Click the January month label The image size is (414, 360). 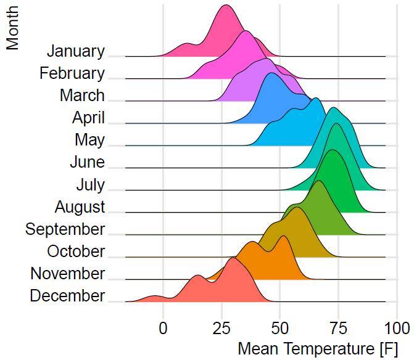click(76, 51)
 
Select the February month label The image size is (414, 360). click(72, 73)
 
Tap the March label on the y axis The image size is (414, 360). click(82, 96)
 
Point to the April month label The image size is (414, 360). click(88, 118)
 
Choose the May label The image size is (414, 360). click(89, 140)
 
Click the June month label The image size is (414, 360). click(87, 163)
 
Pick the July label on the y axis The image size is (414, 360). click(90, 185)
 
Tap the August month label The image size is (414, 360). click(80, 207)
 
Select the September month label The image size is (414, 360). click(65, 229)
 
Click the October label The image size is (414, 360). click(76, 252)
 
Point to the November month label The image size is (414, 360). click(68, 274)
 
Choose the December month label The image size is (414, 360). click(67, 296)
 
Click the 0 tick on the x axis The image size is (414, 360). click(163, 327)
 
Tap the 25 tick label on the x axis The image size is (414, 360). click(221, 327)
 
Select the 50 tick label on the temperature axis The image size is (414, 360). click(279, 327)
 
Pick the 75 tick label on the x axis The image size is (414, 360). click(337, 327)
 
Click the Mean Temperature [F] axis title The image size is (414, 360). click(318, 348)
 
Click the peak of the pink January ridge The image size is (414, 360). click(226, 6)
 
